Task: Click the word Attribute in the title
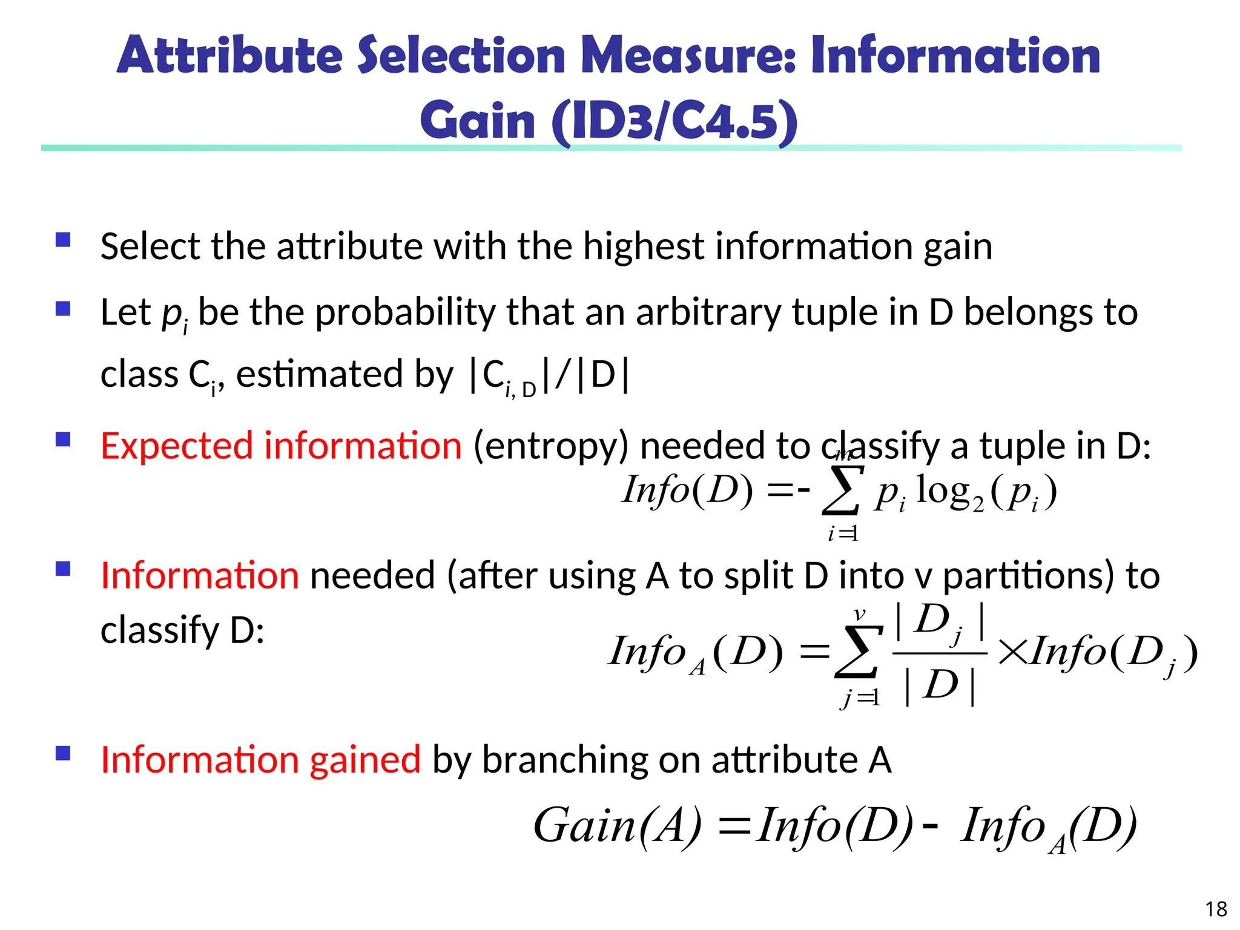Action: tap(230, 56)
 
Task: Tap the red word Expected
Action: tap(176, 446)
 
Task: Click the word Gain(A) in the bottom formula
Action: tap(618, 826)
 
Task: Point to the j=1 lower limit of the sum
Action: tap(860, 698)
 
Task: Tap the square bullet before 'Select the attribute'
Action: tap(63, 240)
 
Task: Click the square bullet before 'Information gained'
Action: tap(63, 753)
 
